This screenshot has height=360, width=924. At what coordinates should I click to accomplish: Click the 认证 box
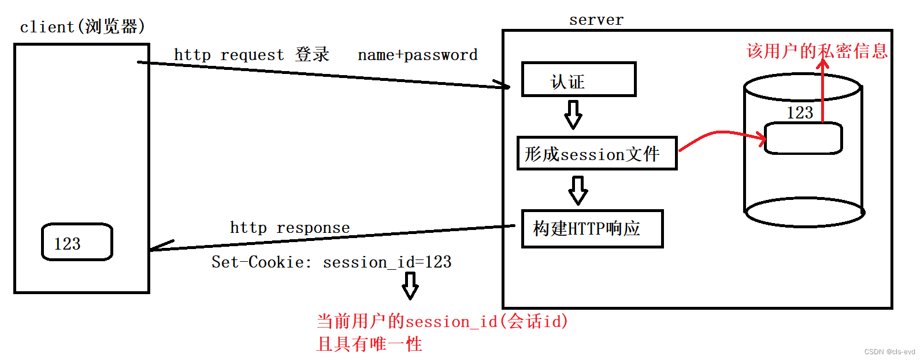coord(578,79)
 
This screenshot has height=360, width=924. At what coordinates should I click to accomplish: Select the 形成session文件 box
coord(596,154)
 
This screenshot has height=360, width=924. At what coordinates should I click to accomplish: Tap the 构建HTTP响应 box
coord(592,229)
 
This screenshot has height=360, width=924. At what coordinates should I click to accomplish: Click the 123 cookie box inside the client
coord(77,242)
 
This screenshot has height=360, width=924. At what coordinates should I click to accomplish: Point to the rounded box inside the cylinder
coord(803,138)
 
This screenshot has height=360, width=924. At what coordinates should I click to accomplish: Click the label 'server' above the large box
coord(596,20)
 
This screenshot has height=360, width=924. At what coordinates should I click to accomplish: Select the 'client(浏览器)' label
coord(82,27)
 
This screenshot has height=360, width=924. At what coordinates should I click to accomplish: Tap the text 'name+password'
coord(417,55)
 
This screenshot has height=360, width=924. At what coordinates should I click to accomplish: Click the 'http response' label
coord(290,228)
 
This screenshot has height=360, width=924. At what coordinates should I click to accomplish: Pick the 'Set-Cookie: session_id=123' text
coord(331,262)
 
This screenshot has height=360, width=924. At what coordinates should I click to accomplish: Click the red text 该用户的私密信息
coord(817,51)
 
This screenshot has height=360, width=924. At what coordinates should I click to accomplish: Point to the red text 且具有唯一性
coord(369,344)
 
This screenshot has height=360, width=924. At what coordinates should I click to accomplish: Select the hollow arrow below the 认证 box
coord(573,114)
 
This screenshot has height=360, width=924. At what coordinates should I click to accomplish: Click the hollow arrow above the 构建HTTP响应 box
coord(578,190)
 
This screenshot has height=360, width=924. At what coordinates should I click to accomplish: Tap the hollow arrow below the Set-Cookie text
coord(410,285)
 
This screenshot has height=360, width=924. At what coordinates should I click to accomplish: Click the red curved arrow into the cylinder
coord(722,135)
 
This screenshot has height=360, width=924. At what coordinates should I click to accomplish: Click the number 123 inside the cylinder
coord(800,113)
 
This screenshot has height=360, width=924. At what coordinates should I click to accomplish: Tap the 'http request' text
coord(229,55)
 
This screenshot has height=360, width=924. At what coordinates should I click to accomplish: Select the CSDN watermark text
coord(889,352)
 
